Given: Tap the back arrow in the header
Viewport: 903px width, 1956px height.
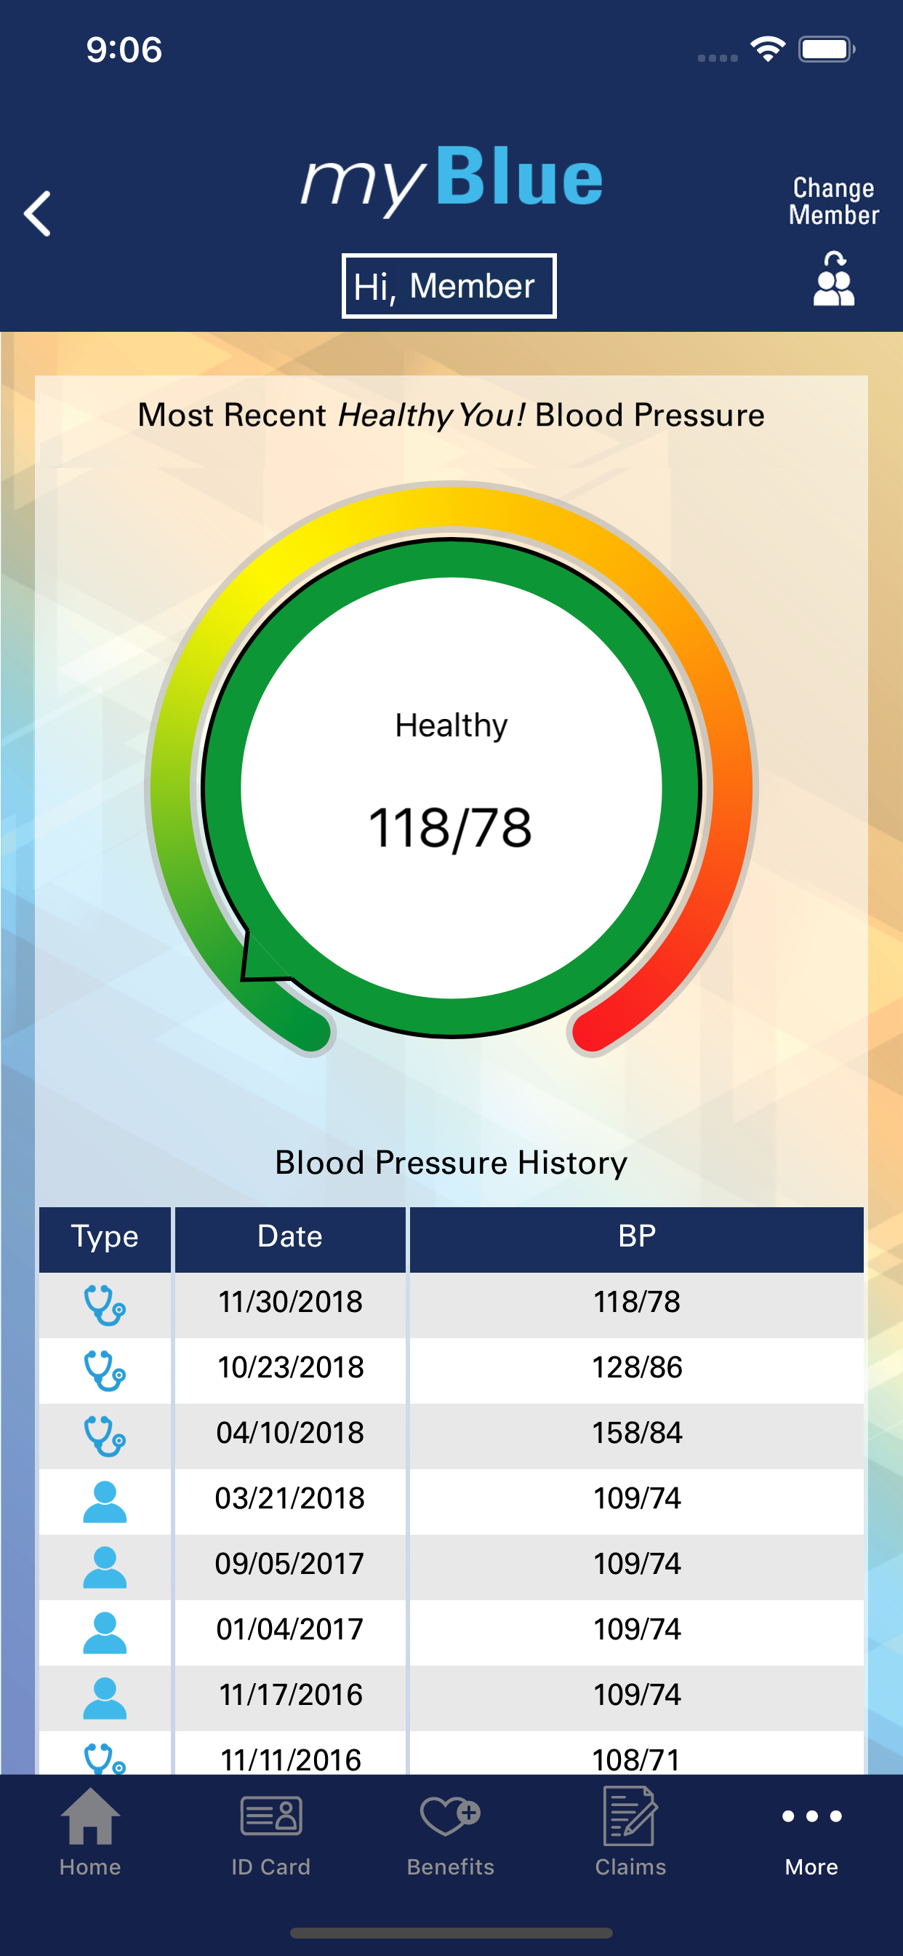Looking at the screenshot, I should tap(37, 213).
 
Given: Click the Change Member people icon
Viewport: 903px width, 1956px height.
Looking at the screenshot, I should tap(833, 279).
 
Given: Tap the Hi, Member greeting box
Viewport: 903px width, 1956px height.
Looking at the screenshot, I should tap(449, 286).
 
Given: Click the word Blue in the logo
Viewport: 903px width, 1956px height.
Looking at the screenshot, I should tap(519, 178).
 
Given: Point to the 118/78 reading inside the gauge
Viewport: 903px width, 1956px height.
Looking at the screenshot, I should tap(450, 827).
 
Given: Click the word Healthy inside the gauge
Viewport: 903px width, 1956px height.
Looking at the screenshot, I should tap(451, 725).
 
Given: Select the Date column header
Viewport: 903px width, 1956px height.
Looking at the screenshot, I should tap(290, 1237).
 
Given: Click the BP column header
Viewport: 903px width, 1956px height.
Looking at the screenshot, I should tap(637, 1237).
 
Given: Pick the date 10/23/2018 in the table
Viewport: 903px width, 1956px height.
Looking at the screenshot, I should tap(291, 1367).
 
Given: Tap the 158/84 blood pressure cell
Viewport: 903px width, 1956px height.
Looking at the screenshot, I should tap(637, 1433).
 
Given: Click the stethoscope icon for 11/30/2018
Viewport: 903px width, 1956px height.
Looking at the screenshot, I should tap(104, 1304).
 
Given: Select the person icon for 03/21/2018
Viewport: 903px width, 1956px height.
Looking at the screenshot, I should tap(104, 1500).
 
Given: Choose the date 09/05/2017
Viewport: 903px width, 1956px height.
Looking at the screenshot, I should tap(290, 1565).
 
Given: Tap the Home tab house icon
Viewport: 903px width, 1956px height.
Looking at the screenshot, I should tap(90, 1816).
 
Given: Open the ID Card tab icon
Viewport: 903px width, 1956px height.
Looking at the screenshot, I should tap(271, 1816).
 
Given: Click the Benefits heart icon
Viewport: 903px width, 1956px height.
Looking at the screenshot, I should tap(450, 1816).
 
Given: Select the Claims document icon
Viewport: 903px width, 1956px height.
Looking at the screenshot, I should tap(630, 1816).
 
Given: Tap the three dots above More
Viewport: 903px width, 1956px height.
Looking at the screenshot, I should tap(811, 1816).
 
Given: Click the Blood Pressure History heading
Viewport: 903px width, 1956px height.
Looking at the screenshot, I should tap(451, 1163).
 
